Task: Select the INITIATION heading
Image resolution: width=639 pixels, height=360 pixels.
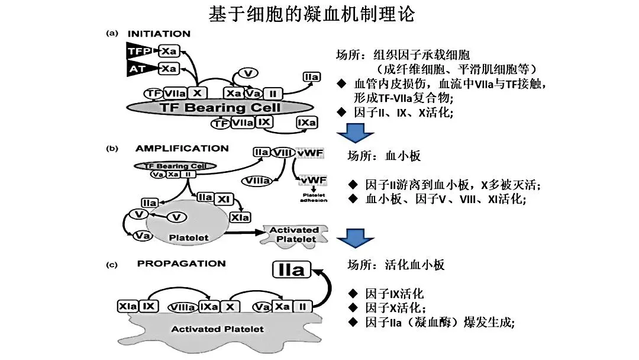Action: tap(159, 34)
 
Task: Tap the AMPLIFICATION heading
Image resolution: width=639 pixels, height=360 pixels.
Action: tap(182, 148)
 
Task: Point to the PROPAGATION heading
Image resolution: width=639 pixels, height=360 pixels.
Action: tap(181, 263)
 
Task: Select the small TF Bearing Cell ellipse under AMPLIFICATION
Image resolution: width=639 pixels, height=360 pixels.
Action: tap(175, 166)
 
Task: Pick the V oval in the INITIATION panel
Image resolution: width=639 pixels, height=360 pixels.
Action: tap(248, 73)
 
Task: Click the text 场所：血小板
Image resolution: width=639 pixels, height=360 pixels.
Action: tap(384, 156)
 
